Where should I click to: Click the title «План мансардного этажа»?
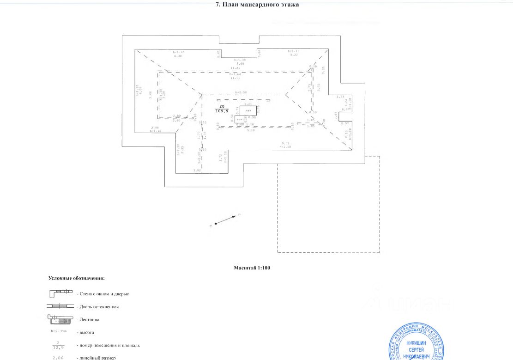click(258, 5)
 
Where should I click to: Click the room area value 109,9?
click(222, 111)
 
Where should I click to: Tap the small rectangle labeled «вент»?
click(239, 119)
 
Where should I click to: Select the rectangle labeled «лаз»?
click(248, 110)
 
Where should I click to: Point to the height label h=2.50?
click(241, 92)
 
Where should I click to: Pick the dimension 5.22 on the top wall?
click(294, 55)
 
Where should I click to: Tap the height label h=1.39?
click(240, 60)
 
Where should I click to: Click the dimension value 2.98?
click(155, 128)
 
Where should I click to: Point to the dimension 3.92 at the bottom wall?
click(197, 171)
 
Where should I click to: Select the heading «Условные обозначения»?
click(77, 278)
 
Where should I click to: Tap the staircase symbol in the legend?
click(60, 319)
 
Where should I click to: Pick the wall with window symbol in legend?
click(60, 293)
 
